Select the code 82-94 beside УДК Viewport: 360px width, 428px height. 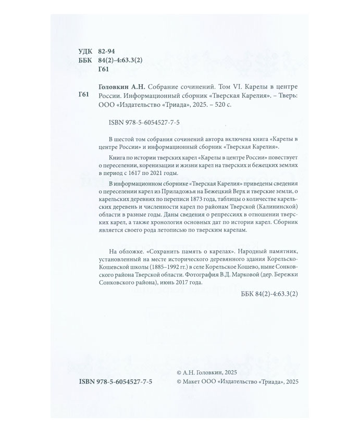coord(106,52)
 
